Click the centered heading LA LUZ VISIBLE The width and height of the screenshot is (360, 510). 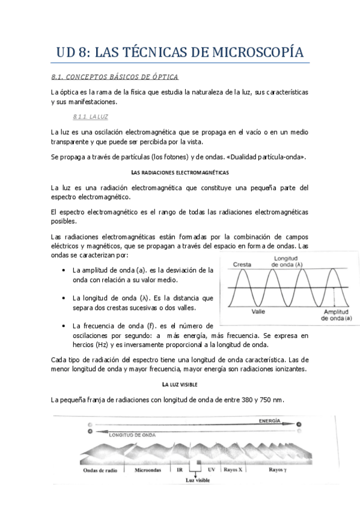tap(180, 384)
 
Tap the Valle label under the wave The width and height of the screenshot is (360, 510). tap(259, 312)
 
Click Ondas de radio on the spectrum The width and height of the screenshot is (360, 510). tap(100, 470)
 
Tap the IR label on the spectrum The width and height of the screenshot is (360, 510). tap(180, 470)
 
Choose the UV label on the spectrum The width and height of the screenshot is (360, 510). tap(211, 470)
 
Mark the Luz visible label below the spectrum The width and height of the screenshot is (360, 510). tap(198, 481)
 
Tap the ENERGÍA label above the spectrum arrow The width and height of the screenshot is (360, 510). tap(269, 422)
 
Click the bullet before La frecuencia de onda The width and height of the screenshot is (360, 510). tap(64, 326)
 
